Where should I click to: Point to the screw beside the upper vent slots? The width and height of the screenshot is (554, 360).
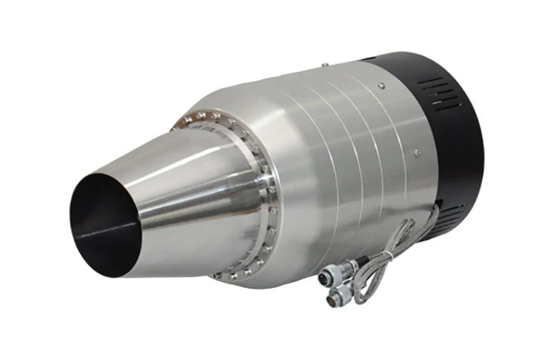[x=380, y=85]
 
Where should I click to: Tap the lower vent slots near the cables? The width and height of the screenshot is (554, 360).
[x=454, y=211]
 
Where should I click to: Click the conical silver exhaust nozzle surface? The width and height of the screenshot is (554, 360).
[x=187, y=201]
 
